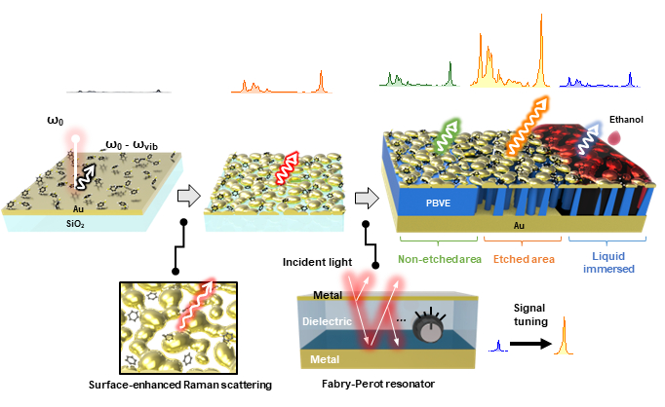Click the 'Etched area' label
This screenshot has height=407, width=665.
pyautogui.click(x=525, y=261)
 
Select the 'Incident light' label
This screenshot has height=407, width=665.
pyautogui.click(x=315, y=262)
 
